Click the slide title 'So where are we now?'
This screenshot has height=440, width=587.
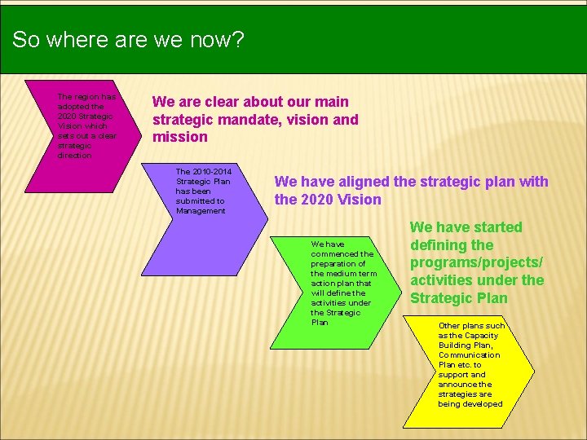pos(128,40)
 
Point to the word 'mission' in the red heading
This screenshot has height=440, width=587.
pos(180,137)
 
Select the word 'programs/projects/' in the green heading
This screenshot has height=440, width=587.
pos(476,262)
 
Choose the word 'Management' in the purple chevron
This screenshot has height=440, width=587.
pos(201,211)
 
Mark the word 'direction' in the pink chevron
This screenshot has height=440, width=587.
pos(75,155)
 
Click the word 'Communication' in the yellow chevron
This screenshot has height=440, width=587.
pos(469,355)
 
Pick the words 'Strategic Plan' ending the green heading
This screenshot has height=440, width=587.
pos(458,298)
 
